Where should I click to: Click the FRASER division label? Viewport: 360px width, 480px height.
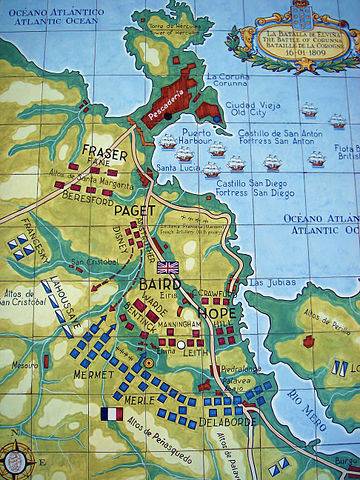[x=105, y=154]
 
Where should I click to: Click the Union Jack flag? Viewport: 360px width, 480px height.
[x=167, y=268]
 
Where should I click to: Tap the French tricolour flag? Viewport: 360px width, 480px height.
[x=111, y=413]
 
